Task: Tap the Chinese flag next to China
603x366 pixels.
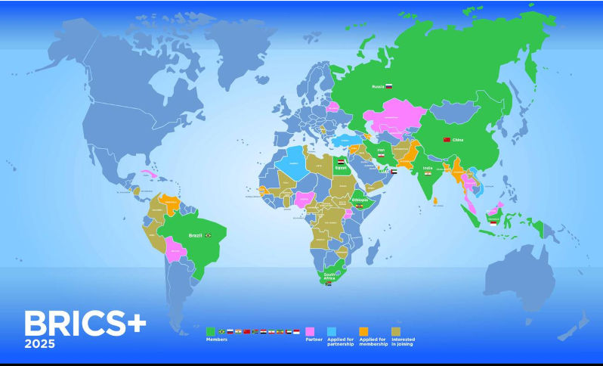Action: click(446, 140)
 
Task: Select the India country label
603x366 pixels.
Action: click(428, 168)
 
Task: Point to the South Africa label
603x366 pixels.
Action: click(329, 277)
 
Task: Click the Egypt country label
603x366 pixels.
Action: click(341, 168)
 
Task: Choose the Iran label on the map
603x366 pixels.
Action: click(381, 150)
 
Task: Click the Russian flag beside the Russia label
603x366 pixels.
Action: click(390, 87)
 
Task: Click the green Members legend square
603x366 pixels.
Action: click(211, 331)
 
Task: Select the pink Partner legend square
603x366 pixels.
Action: click(310, 331)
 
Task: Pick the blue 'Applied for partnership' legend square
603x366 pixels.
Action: click(332, 331)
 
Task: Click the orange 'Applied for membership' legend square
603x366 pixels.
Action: click(363, 331)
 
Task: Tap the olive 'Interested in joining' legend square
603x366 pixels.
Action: click(396, 331)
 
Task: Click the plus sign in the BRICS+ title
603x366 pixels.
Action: click(135, 323)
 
